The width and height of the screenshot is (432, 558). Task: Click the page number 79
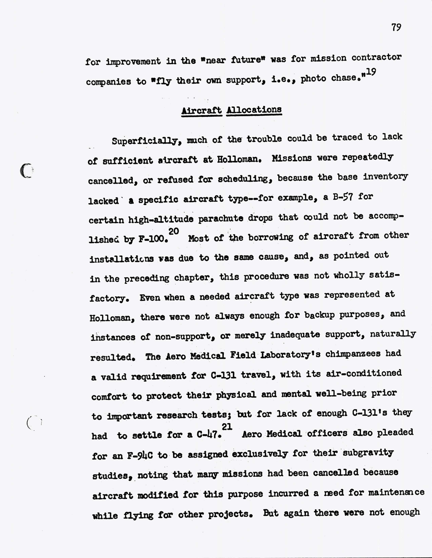click(x=396, y=27)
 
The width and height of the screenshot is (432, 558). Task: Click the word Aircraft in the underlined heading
click(x=202, y=111)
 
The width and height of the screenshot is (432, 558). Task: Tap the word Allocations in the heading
click(x=254, y=110)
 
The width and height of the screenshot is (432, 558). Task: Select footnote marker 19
click(x=371, y=72)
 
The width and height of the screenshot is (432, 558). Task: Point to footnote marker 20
click(x=174, y=231)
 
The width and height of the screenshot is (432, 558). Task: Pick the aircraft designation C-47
click(x=209, y=435)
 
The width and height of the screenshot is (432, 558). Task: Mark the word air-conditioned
click(x=364, y=374)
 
